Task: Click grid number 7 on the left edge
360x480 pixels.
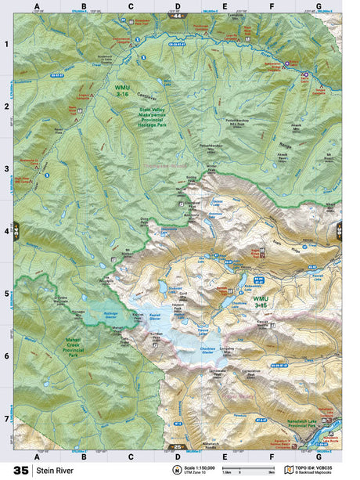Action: pyautogui.click(x=6, y=418)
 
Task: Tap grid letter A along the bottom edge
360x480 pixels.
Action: pyautogui.click(x=37, y=456)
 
